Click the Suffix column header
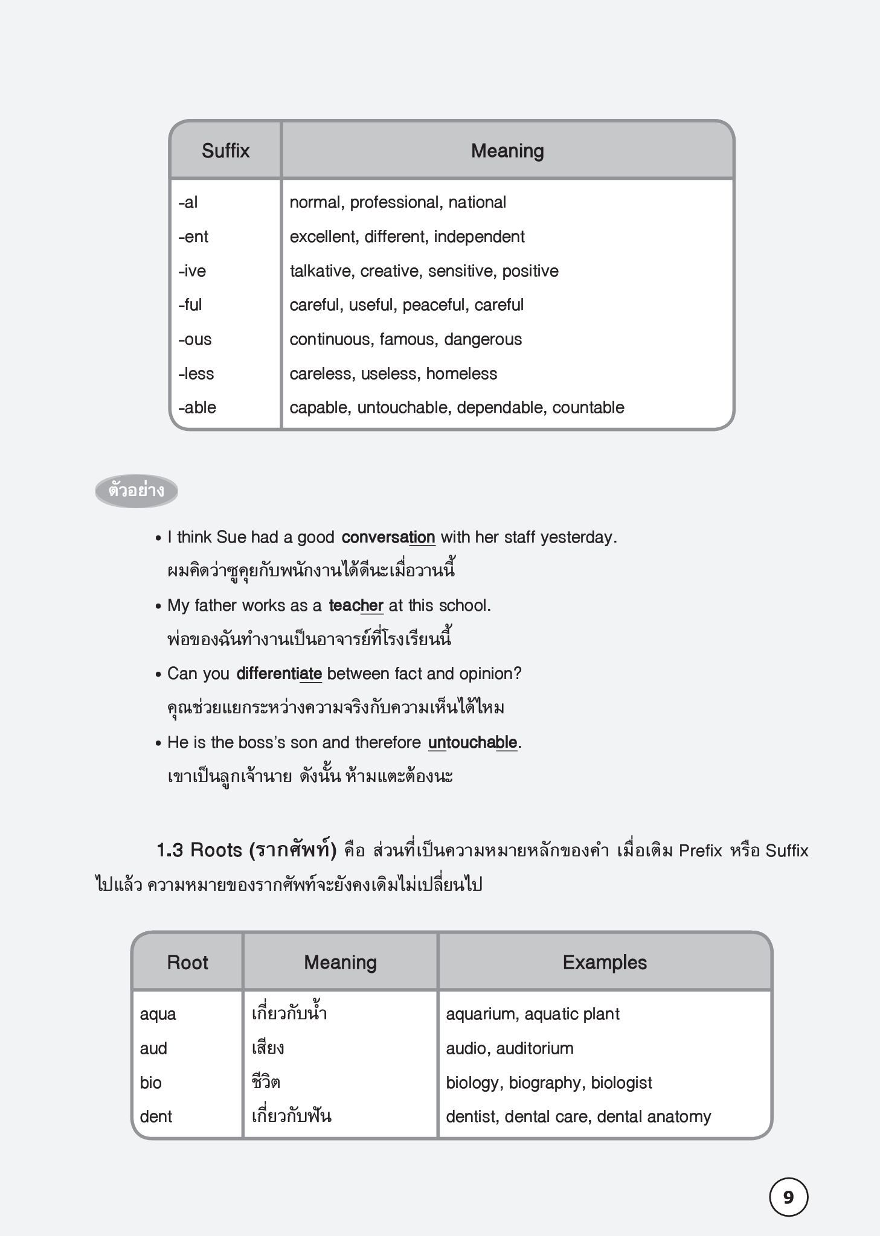pyautogui.click(x=225, y=151)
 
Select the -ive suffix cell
pyautogui.click(x=192, y=271)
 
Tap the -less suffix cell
pyautogui.click(x=196, y=374)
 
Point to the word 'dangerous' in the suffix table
pyautogui.click(x=483, y=339)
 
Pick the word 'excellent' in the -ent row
pyautogui.click(x=324, y=237)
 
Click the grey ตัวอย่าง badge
pyautogui.click(x=136, y=490)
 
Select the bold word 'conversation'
pyautogui.click(x=388, y=537)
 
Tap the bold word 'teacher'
pyautogui.click(x=356, y=605)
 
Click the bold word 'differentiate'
pyautogui.click(x=278, y=674)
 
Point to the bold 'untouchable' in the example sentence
pyautogui.click(x=472, y=742)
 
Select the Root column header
pyautogui.click(x=187, y=963)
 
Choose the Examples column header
pyautogui.click(x=605, y=963)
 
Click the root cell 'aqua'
pyautogui.click(x=158, y=1015)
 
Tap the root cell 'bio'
pyautogui.click(x=150, y=1083)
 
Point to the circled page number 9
pyautogui.click(x=788, y=1197)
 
